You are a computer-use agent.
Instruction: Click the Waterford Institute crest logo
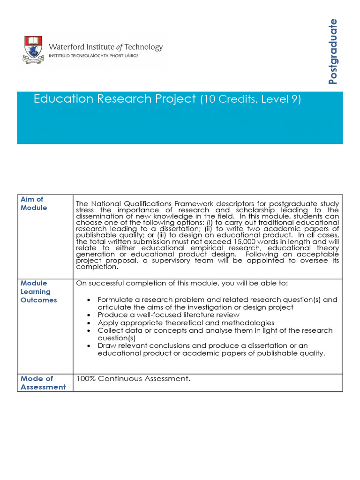point(32,50)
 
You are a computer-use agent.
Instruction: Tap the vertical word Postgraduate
point(333,51)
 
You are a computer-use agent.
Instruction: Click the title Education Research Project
point(114,99)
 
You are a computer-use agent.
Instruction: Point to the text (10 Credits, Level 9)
point(250,99)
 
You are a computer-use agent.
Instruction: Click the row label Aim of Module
point(34,203)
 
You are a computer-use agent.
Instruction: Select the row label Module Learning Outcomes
point(38,292)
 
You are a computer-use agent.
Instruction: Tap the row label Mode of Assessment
point(43,382)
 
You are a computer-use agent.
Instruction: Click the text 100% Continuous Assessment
point(133,379)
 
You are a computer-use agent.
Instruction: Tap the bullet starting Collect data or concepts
point(215,334)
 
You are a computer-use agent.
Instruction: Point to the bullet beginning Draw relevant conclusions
point(211,349)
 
